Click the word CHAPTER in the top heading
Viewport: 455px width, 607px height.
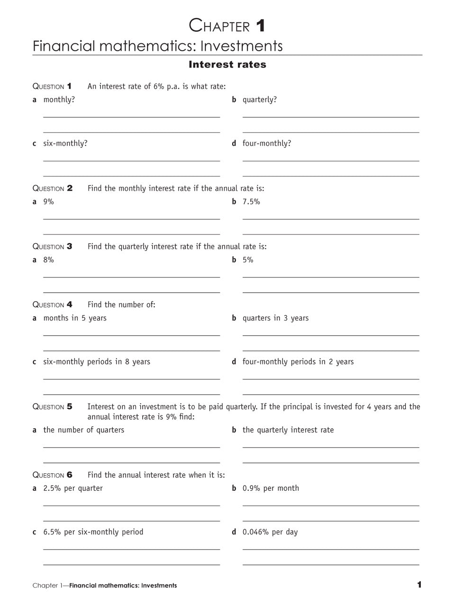219,26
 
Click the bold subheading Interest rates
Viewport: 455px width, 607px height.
227,64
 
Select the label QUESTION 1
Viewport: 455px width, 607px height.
52,86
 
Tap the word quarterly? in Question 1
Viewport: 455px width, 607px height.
260,100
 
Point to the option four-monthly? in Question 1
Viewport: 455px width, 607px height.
267,143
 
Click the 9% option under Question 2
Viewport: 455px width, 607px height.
48,202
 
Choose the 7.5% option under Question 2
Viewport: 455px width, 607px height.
251,202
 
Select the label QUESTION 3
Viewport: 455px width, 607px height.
52,247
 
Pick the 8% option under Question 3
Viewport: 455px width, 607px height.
48,260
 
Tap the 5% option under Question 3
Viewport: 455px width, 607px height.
248,260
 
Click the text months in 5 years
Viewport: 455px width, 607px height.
75,318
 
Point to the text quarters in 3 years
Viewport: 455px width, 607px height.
275,318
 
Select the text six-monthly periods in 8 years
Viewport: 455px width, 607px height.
97,362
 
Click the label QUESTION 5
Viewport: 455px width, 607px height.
52,407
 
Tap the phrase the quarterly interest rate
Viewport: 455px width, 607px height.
288,430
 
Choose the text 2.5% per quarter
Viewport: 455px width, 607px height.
73,488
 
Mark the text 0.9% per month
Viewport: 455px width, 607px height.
271,488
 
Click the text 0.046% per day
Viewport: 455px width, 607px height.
270,532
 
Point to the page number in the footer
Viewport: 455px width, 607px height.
419,585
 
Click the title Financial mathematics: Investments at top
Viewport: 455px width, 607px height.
157,46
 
